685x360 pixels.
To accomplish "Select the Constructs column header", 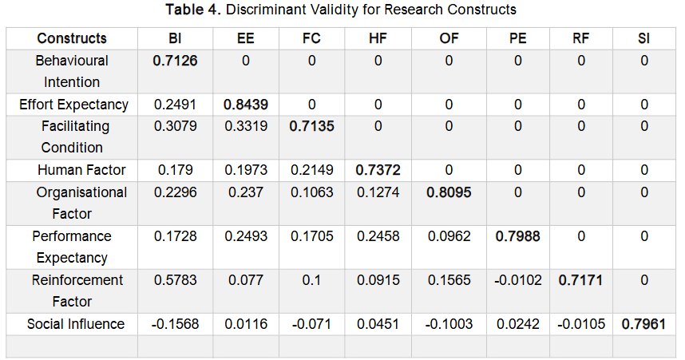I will [72, 38].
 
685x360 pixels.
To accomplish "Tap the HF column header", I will [378, 38].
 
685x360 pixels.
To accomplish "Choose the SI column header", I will [643, 38].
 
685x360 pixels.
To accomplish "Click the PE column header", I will [517, 38].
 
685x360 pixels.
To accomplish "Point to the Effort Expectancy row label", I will [73, 105].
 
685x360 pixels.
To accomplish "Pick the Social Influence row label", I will [76, 324].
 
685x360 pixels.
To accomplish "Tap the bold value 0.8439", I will [246, 105].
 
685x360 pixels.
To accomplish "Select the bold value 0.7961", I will [643, 324].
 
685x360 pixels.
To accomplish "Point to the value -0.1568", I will [174, 324].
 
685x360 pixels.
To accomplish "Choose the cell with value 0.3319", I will [246, 126].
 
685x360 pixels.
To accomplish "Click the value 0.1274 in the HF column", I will [378, 192].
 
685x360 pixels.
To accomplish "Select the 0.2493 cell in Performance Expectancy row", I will [246, 236].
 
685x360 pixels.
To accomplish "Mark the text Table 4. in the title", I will [194, 10].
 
